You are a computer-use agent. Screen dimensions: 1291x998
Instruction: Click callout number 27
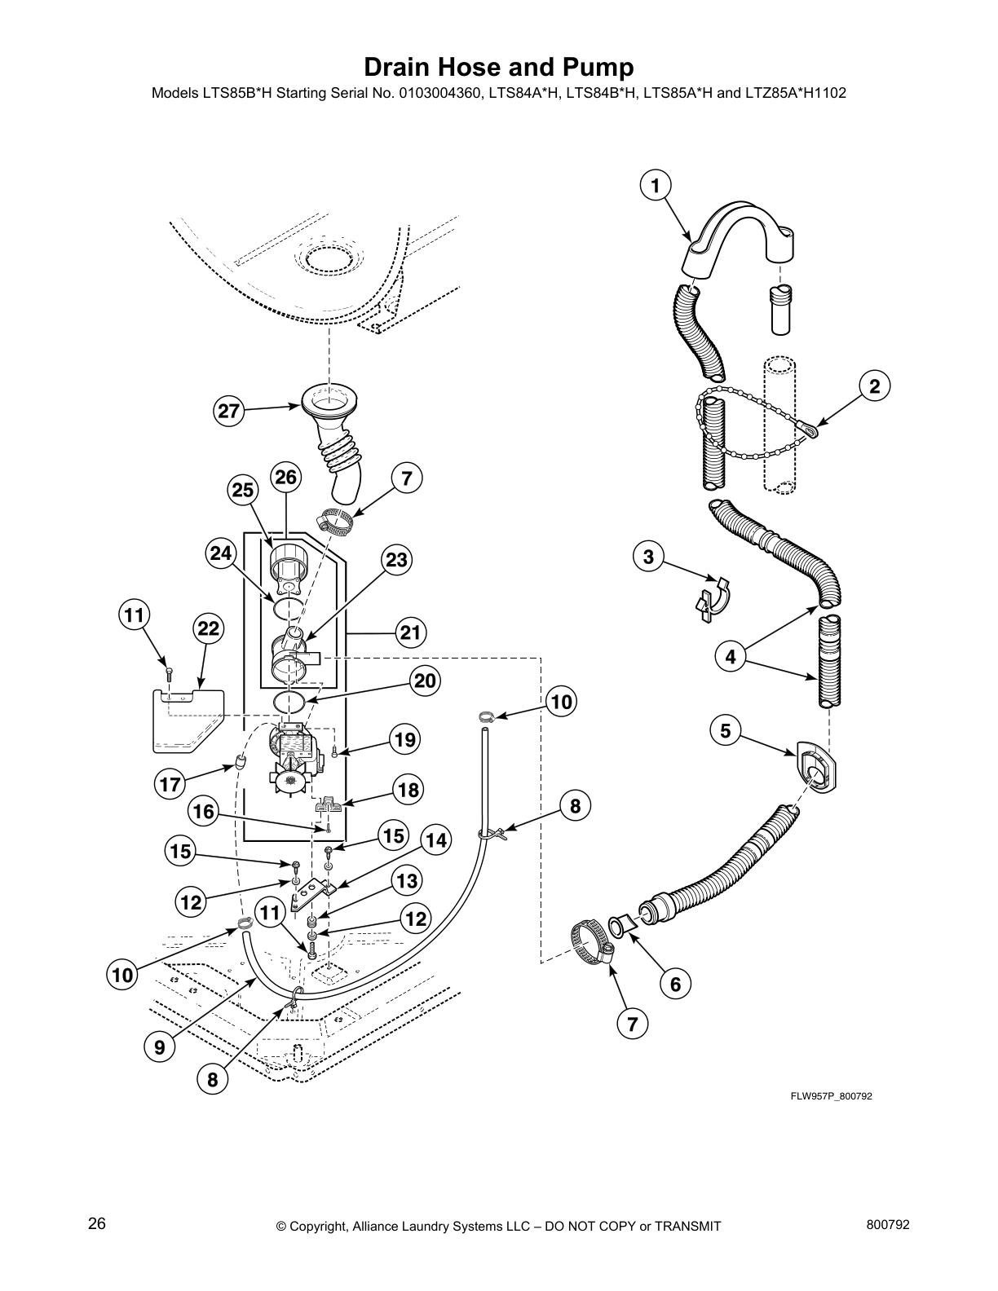[230, 412]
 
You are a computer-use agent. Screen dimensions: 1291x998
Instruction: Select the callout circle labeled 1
[654, 186]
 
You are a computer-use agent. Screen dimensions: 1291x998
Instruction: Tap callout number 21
[413, 632]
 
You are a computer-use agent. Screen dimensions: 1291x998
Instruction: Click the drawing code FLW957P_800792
[831, 1097]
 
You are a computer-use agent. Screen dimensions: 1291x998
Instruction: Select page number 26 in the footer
[97, 1224]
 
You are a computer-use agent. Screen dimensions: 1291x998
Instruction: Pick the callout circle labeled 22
[209, 628]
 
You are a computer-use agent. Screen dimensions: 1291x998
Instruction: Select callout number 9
[159, 1046]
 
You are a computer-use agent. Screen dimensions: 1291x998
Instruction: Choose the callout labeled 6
[676, 985]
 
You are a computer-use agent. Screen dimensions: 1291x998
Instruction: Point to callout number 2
[874, 386]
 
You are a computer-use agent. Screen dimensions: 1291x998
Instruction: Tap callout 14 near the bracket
[436, 840]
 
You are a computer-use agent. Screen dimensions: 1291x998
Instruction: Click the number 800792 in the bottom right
[889, 1224]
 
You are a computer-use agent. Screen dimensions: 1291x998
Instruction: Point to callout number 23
[395, 560]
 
